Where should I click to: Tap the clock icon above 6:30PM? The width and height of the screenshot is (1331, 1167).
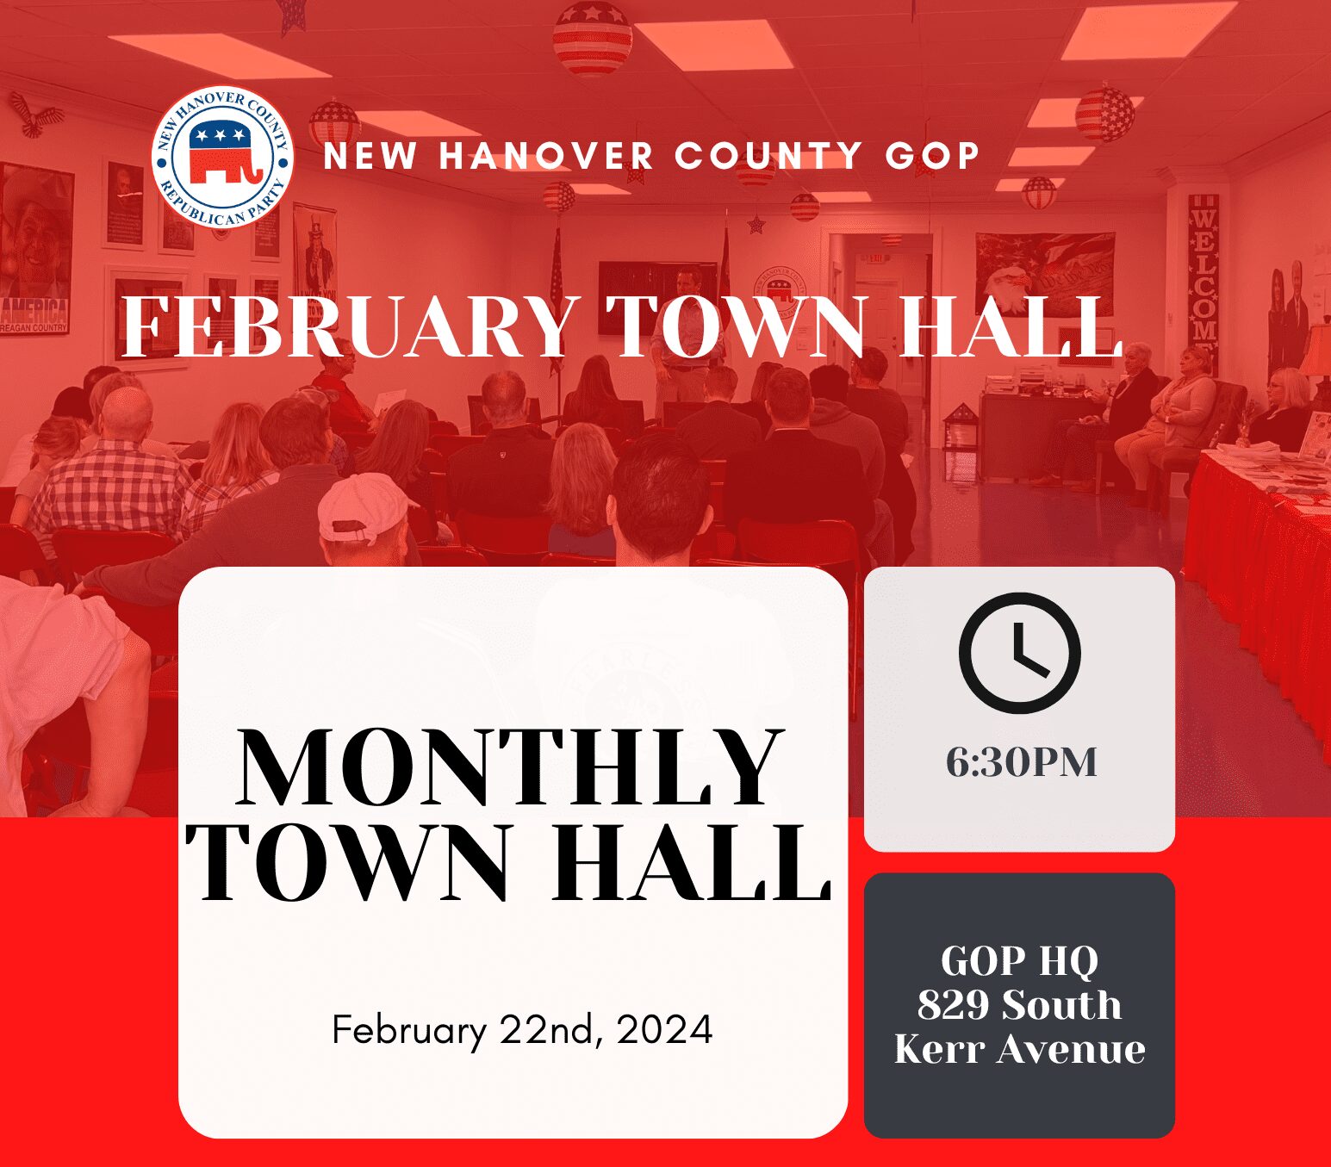[x=1019, y=653]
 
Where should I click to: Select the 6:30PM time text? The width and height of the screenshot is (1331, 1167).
[x=1021, y=762]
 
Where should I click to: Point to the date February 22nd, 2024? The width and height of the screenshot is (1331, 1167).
[x=522, y=1030]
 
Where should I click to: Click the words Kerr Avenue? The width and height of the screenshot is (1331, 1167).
[x=1019, y=1049]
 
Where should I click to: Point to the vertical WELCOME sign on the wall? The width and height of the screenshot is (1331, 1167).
[x=1203, y=276]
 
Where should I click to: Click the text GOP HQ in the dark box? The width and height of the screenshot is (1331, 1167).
[x=1019, y=960]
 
